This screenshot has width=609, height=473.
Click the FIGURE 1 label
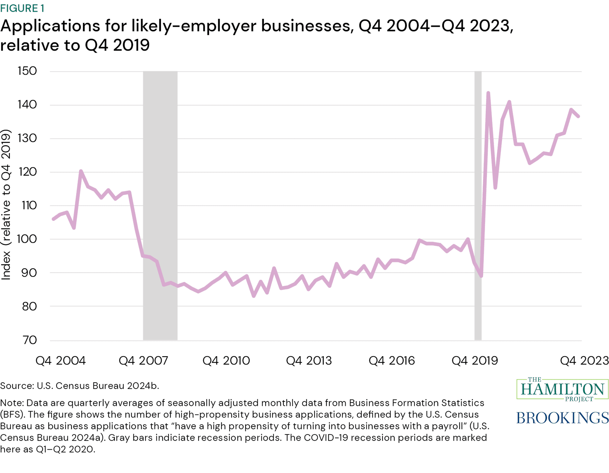pyautogui.click(x=22, y=8)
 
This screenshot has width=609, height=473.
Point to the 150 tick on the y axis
pyautogui.click(x=28, y=71)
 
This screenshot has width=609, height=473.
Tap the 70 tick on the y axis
pyautogui.click(x=28, y=340)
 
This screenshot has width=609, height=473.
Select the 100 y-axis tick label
pyautogui.click(x=28, y=239)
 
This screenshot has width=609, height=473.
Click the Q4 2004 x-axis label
pyautogui.click(x=61, y=361)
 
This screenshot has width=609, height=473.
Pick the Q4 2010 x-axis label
pyautogui.click(x=226, y=361)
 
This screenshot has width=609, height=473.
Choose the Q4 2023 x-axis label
pyautogui.click(x=584, y=361)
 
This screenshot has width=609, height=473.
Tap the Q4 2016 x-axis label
pyautogui.click(x=392, y=361)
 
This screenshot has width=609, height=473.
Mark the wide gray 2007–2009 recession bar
pyautogui.click(x=160, y=205)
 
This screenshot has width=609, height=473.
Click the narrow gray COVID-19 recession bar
pyautogui.click(x=478, y=205)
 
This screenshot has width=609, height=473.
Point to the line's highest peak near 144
pyautogui.click(x=488, y=93)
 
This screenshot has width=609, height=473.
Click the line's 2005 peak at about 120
pyautogui.click(x=81, y=171)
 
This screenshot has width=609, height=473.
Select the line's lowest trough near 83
pyautogui.click(x=254, y=296)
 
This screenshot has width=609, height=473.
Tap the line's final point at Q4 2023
pyautogui.click(x=578, y=116)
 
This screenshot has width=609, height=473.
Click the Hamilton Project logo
pyautogui.click(x=562, y=389)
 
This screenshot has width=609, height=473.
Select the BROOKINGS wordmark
pyautogui.click(x=562, y=418)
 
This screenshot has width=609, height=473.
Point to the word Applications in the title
pyautogui.click(x=50, y=26)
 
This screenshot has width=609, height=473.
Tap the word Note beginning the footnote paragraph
pyautogui.click(x=11, y=403)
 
